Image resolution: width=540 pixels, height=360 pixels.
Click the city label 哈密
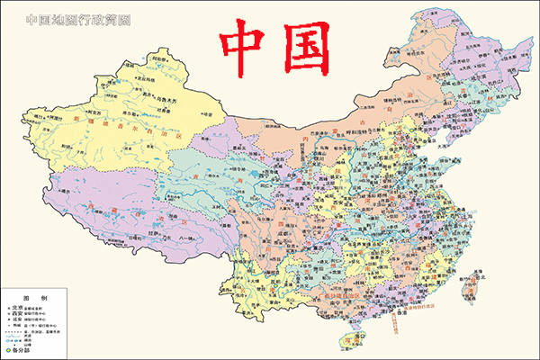coord(210,114)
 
